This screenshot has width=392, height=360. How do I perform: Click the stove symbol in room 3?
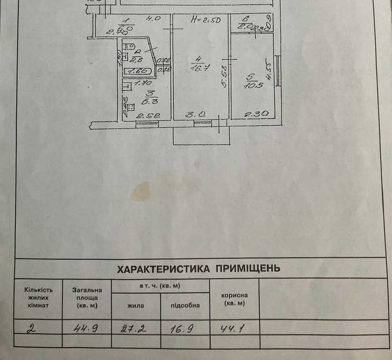(x=130, y=108)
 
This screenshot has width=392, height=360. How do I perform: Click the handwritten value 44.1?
(x=233, y=327)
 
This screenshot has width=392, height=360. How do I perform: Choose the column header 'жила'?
(x=136, y=305)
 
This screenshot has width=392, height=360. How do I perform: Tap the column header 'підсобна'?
(x=185, y=305)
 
